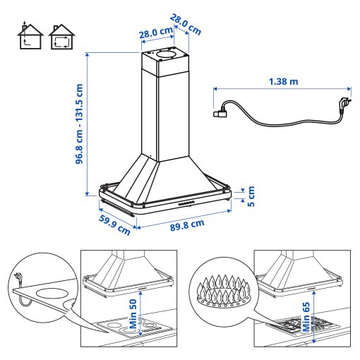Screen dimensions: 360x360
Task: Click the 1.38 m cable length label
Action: pyautogui.click(x=283, y=81)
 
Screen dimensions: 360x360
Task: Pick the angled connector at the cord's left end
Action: pyautogui.click(x=221, y=110)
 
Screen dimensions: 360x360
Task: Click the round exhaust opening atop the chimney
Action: pyautogui.click(x=165, y=53)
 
